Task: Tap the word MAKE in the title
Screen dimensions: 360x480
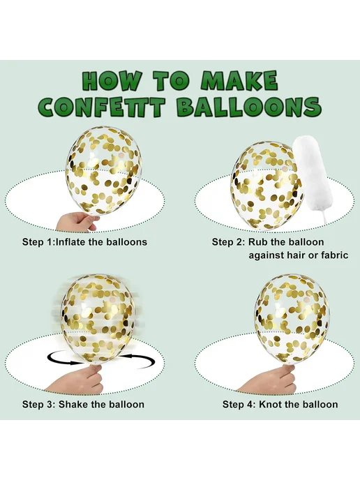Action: [239, 81]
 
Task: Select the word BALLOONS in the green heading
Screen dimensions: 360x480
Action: [249, 107]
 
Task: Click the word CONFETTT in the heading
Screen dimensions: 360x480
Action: [102, 107]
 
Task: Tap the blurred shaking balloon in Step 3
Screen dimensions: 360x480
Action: [98, 318]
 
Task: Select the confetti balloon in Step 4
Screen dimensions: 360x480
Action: [292, 318]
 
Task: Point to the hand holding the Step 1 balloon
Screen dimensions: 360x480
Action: [77, 221]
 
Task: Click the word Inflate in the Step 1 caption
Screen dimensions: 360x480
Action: [71, 242]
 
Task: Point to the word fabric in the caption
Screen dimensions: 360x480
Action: [334, 255]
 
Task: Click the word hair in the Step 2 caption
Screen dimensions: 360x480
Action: [297, 255]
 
